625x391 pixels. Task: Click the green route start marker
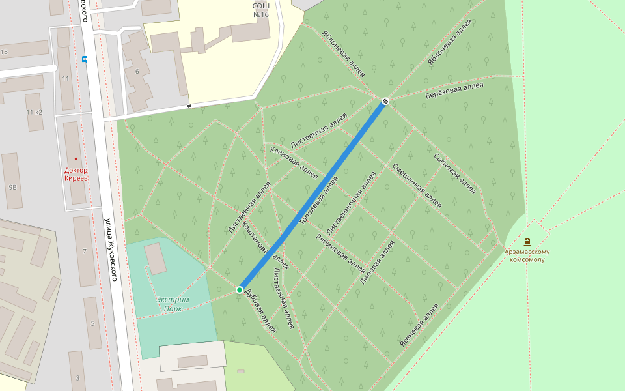click(240, 289)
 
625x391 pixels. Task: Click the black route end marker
click(385, 101)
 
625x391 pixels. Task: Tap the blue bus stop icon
click(84, 59)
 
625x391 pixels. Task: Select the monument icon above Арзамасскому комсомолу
click(527, 242)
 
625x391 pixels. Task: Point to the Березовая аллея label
click(454, 91)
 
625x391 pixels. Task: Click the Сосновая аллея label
click(455, 174)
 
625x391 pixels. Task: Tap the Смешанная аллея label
click(417, 185)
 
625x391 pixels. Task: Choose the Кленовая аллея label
click(294, 162)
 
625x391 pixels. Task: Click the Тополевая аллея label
click(319, 201)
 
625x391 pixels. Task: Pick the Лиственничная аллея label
click(352, 204)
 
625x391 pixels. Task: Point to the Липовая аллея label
click(378, 263)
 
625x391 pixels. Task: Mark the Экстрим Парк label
click(173, 304)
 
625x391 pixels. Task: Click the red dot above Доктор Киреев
click(76, 159)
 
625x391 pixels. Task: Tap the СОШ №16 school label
click(260, 9)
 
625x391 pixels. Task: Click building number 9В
click(12, 187)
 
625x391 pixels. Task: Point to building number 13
click(4, 51)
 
